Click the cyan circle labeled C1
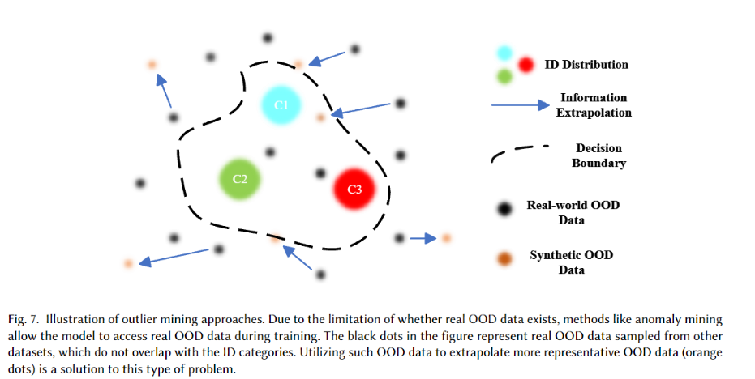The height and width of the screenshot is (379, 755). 281,105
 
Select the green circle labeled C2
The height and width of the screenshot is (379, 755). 240,179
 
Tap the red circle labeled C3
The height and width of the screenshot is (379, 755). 354,189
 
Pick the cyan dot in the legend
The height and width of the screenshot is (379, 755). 504,53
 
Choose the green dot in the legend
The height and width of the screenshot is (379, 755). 504,77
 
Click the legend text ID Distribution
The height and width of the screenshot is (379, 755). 591,65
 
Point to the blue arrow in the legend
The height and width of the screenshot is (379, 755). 519,105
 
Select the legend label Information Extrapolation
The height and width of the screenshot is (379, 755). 594,105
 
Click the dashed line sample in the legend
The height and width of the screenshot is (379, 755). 519,152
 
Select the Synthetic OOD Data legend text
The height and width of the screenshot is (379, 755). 572,262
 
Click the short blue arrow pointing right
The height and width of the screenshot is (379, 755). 422,238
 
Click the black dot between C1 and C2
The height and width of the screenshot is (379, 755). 270,152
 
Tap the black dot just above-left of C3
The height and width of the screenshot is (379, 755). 320,172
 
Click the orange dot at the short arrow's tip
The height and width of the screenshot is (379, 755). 445,238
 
